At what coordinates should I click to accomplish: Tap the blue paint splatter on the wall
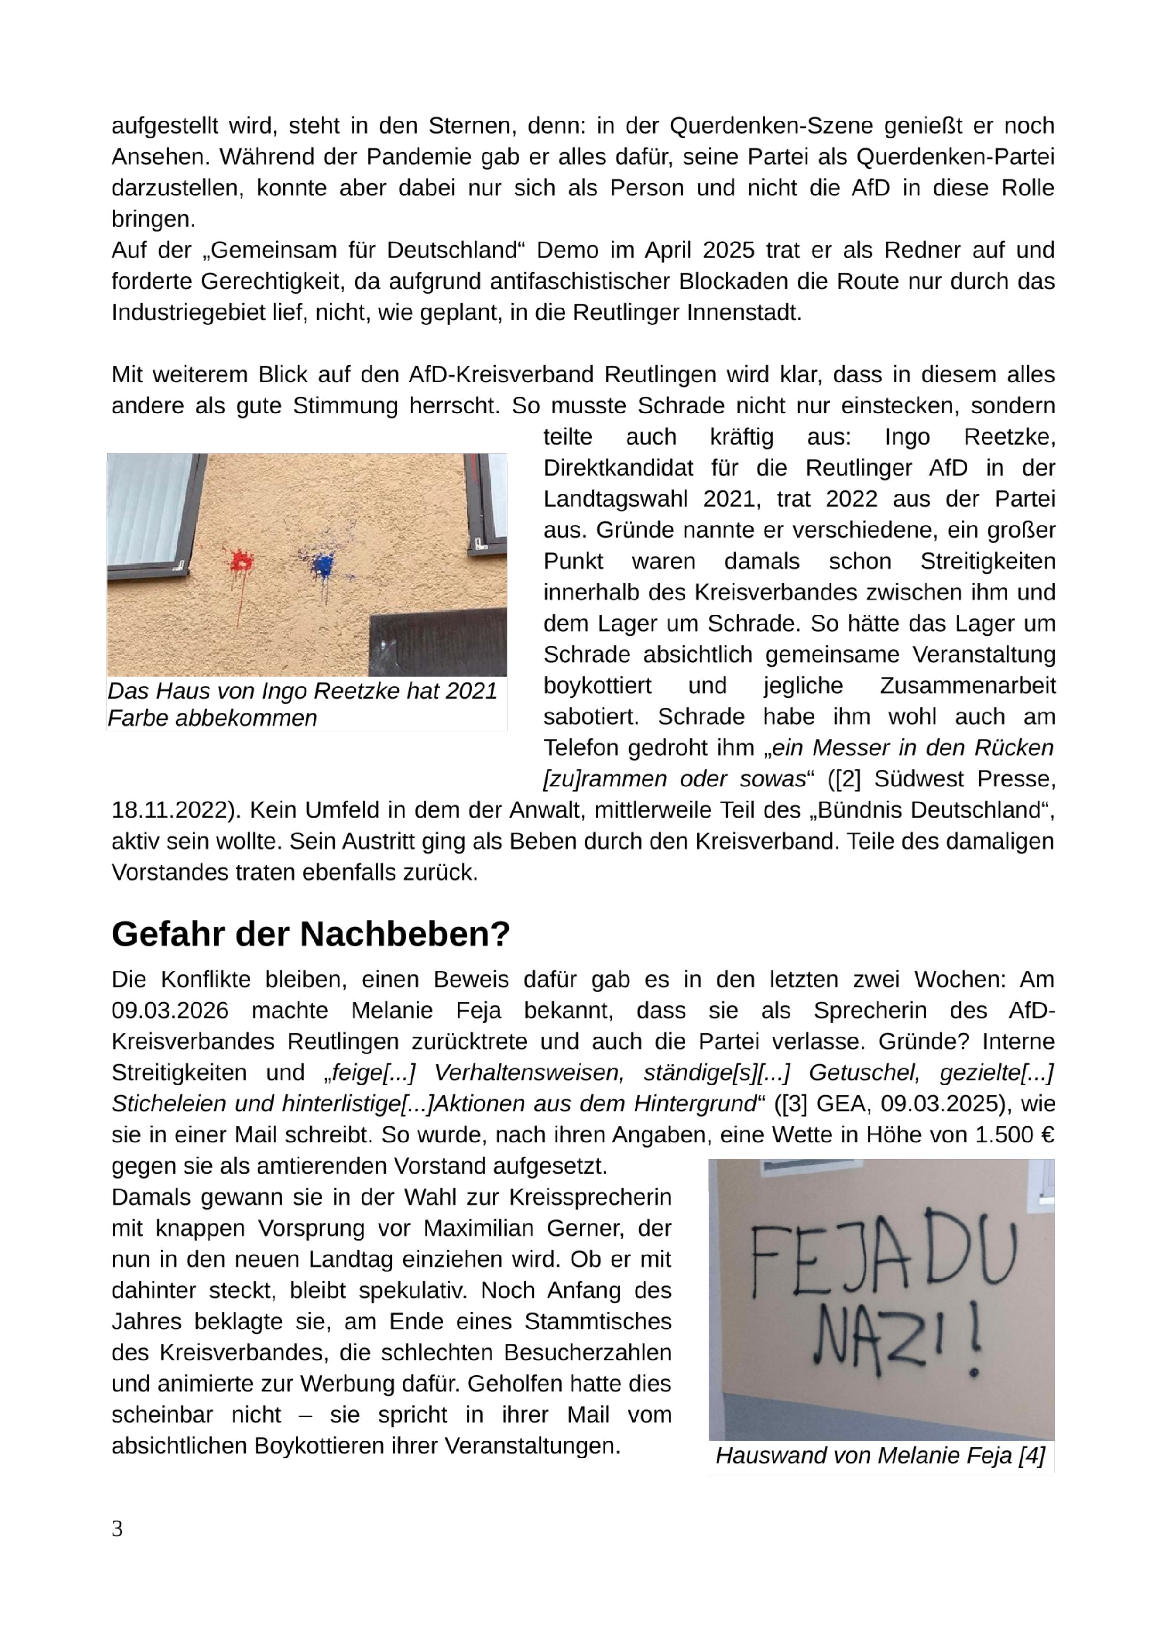coord(323,563)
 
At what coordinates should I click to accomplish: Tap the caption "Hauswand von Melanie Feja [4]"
coord(880,1456)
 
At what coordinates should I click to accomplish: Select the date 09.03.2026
coord(170,1010)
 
